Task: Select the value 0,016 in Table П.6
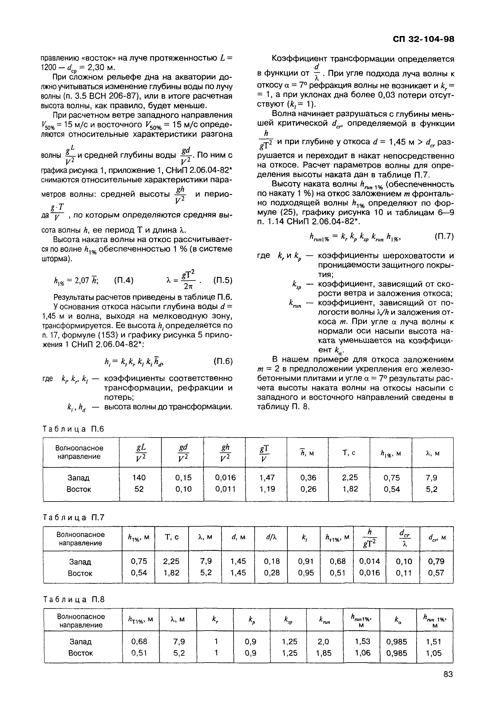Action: pyautogui.click(x=225, y=478)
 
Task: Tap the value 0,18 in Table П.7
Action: pyautogui.click(x=272, y=561)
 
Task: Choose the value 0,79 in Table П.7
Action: pyautogui.click(x=436, y=561)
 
